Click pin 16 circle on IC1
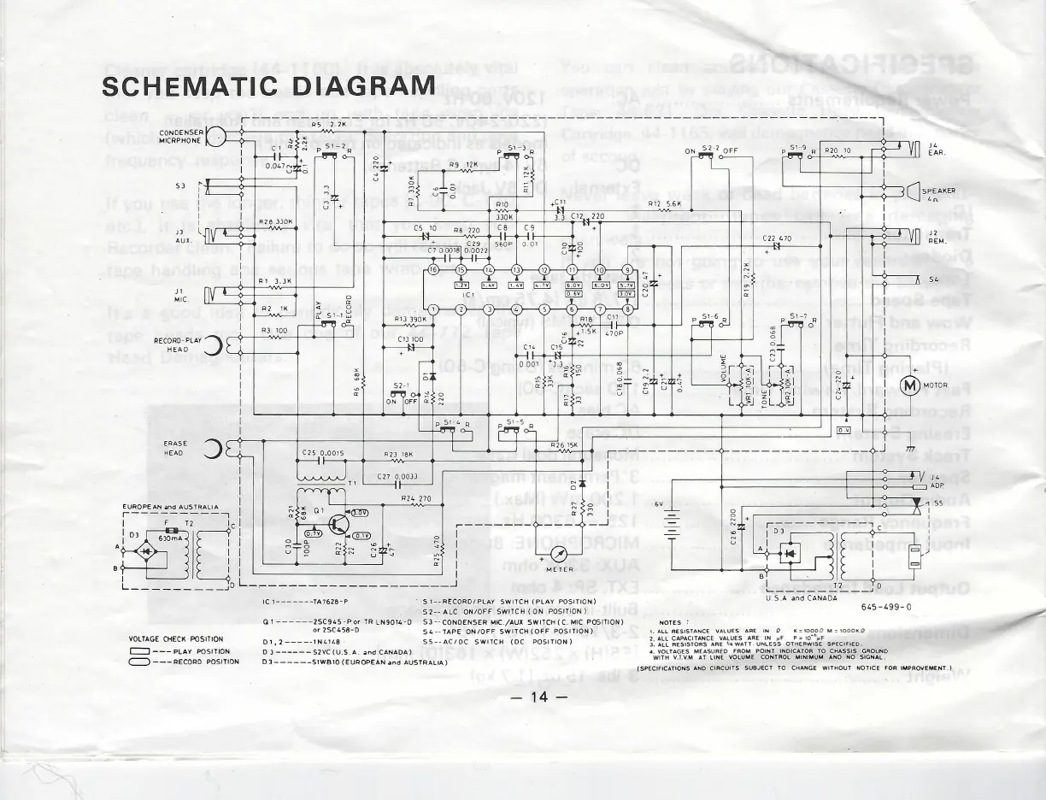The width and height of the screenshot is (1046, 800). pos(433,270)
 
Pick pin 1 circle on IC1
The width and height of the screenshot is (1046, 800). pos(433,309)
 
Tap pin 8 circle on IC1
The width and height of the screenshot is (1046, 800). pos(627,309)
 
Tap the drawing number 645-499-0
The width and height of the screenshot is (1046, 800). pos(886,607)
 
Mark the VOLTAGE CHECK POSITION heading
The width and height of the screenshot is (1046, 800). pos(175,639)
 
